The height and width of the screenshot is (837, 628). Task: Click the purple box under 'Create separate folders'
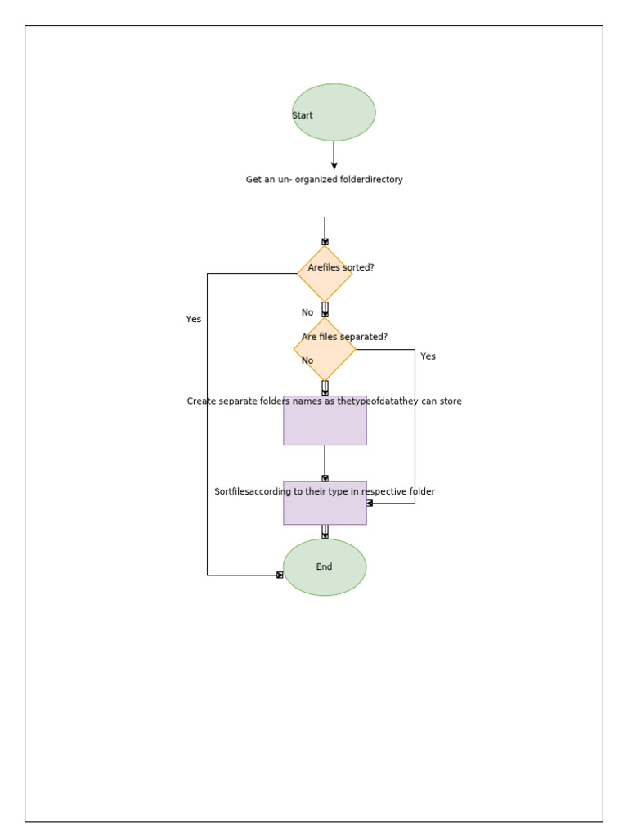(325, 424)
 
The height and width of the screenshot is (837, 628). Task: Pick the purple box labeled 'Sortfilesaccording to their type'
(325, 508)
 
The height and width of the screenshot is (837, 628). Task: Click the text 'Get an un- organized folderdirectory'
(324, 180)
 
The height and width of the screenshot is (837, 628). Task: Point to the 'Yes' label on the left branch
(193, 320)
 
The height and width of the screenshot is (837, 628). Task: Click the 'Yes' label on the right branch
(428, 356)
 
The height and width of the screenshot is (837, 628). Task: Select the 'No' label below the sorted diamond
(307, 312)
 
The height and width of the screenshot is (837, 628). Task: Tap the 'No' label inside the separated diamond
(307, 360)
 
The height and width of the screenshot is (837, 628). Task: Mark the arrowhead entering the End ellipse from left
(280, 575)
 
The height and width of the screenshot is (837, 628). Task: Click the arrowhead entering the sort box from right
(370, 504)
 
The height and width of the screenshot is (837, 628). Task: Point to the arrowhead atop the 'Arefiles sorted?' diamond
(325, 242)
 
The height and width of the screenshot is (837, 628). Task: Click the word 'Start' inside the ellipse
(303, 115)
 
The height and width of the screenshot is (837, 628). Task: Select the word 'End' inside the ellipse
(324, 567)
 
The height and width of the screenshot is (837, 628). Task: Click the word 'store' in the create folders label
(451, 401)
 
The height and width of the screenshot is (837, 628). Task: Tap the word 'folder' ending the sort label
(422, 492)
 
